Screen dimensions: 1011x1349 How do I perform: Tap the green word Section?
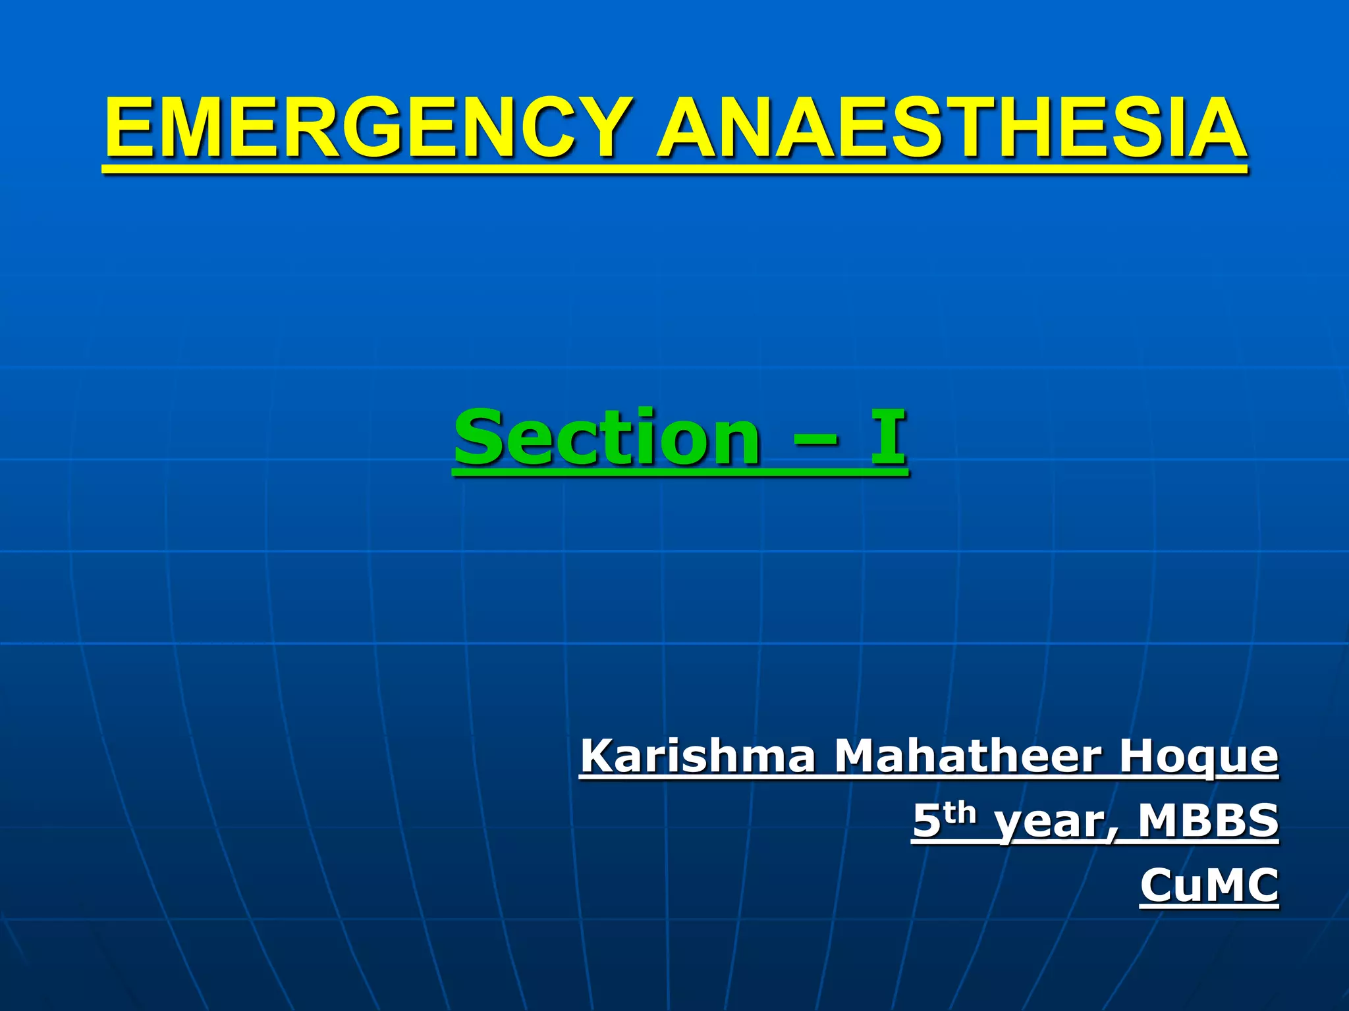[607, 437]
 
